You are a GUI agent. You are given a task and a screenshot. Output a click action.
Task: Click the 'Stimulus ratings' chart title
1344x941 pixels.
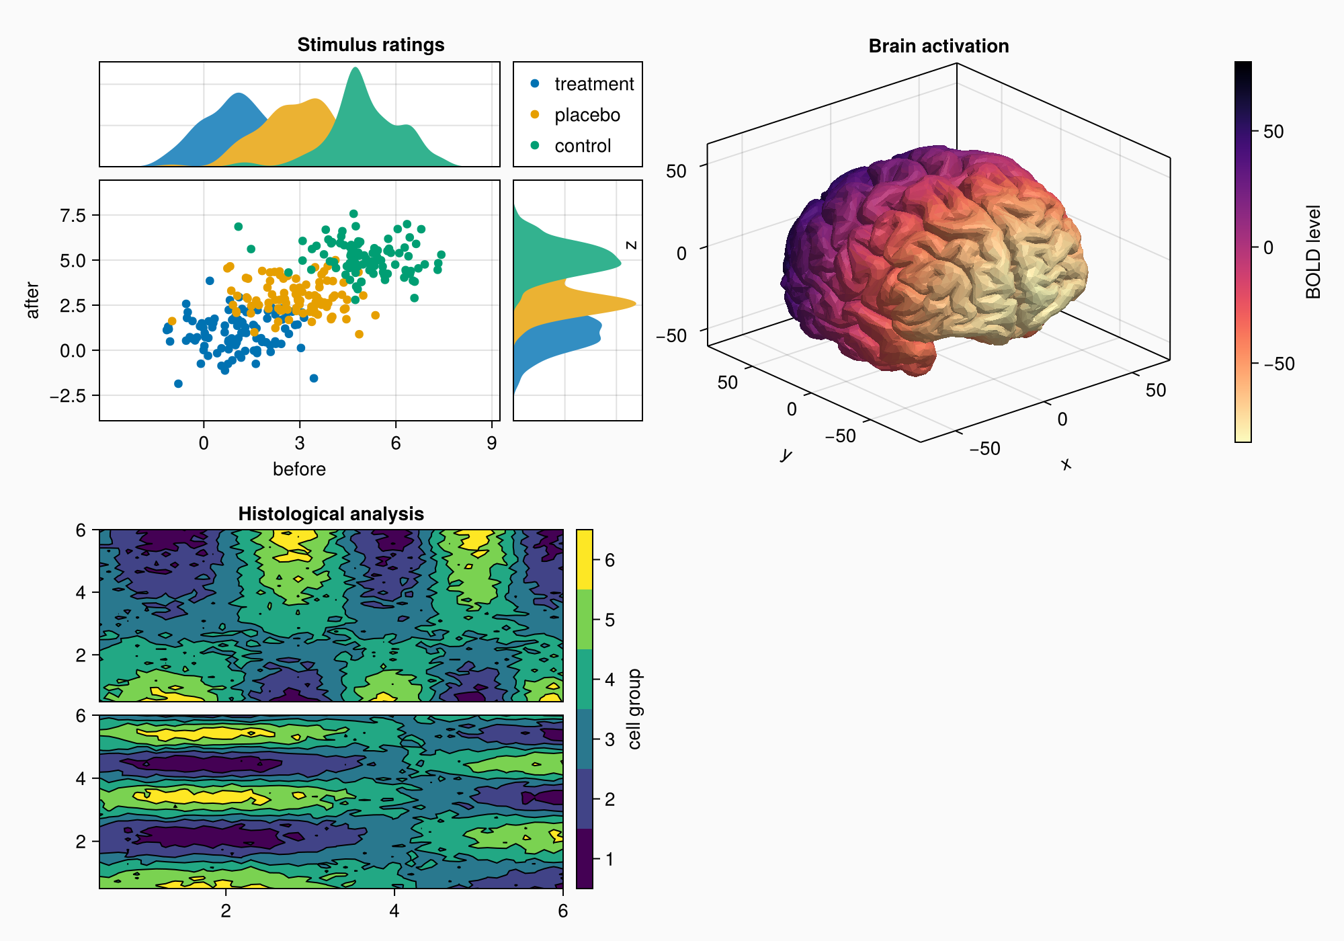370,45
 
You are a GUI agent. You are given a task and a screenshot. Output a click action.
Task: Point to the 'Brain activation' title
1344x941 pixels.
938,46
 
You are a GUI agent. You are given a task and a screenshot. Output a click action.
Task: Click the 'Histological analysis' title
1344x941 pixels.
331,514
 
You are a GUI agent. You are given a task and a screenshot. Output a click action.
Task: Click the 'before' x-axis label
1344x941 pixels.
299,469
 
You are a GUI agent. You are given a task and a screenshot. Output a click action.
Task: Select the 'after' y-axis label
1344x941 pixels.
32,300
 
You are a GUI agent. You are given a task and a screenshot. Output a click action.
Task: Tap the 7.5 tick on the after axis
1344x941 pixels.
73,215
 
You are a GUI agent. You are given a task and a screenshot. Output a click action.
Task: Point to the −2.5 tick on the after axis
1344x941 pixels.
67,396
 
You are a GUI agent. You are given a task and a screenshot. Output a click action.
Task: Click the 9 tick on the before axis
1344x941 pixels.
492,444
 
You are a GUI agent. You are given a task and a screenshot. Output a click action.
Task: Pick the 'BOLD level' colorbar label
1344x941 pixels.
1313,252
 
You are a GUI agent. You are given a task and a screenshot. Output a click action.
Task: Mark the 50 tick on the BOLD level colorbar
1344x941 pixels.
1273,132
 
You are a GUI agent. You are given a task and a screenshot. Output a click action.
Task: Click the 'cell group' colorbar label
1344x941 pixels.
634,709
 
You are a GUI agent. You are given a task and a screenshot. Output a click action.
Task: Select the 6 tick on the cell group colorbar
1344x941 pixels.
610,561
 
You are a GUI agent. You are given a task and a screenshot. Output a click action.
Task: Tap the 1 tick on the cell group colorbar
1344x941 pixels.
610,859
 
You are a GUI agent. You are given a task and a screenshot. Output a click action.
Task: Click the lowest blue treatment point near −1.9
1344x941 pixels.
178,384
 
